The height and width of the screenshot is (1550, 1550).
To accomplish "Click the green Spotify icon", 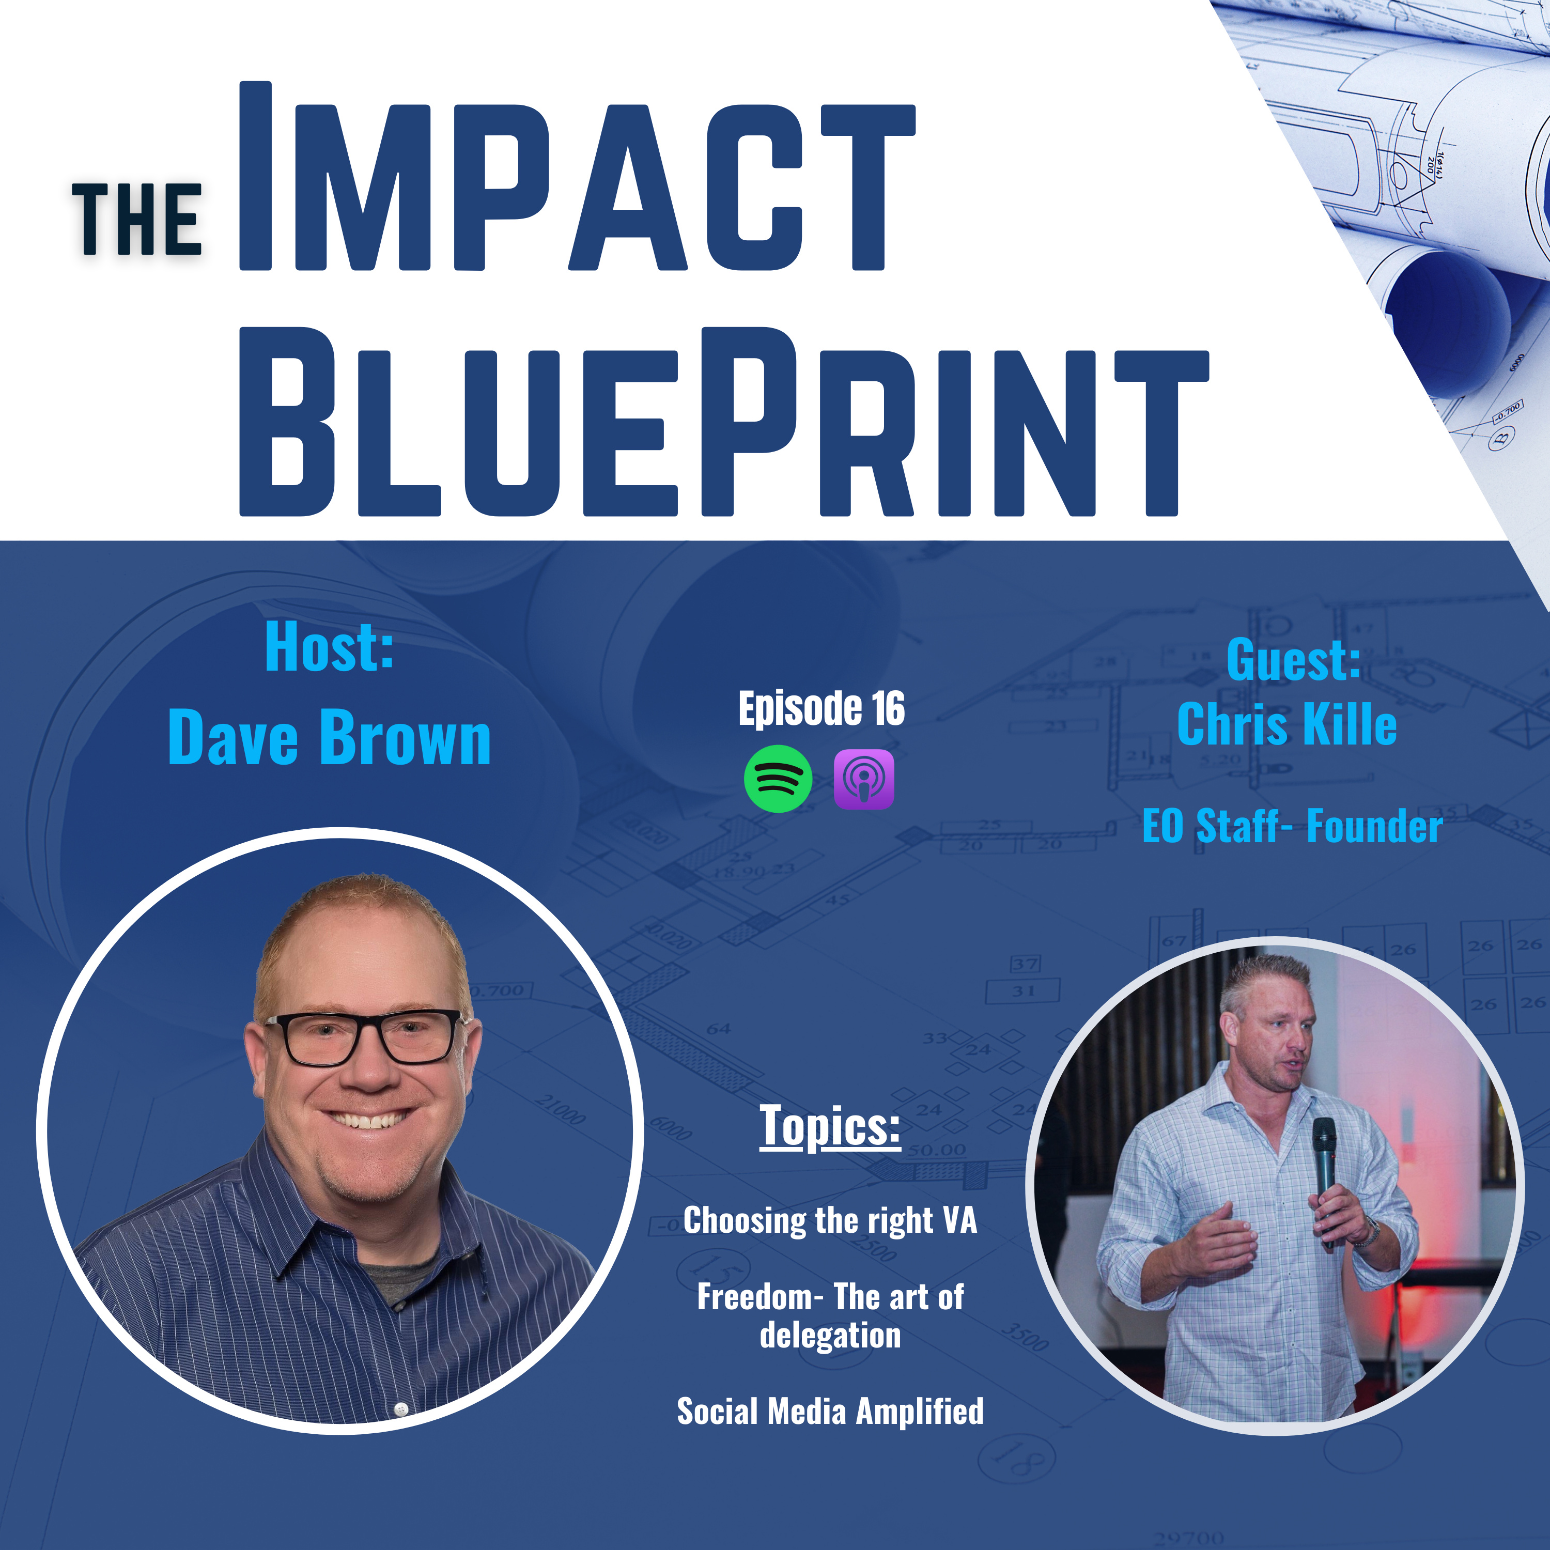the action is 778,778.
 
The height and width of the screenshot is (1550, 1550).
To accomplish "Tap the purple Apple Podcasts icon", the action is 864,779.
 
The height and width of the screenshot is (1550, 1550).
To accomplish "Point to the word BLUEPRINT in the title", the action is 724,421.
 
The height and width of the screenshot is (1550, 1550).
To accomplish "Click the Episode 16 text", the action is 822,708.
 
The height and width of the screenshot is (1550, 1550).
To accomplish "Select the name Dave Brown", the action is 329,736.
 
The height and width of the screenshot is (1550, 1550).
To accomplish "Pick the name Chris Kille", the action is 1287,724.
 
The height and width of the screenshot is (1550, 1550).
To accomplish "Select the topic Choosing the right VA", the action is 830,1220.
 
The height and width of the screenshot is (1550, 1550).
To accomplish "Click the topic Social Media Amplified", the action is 830,1411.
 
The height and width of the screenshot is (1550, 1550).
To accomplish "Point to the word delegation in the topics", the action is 830,1335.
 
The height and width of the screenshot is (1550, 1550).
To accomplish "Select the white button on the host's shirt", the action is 401,1408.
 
